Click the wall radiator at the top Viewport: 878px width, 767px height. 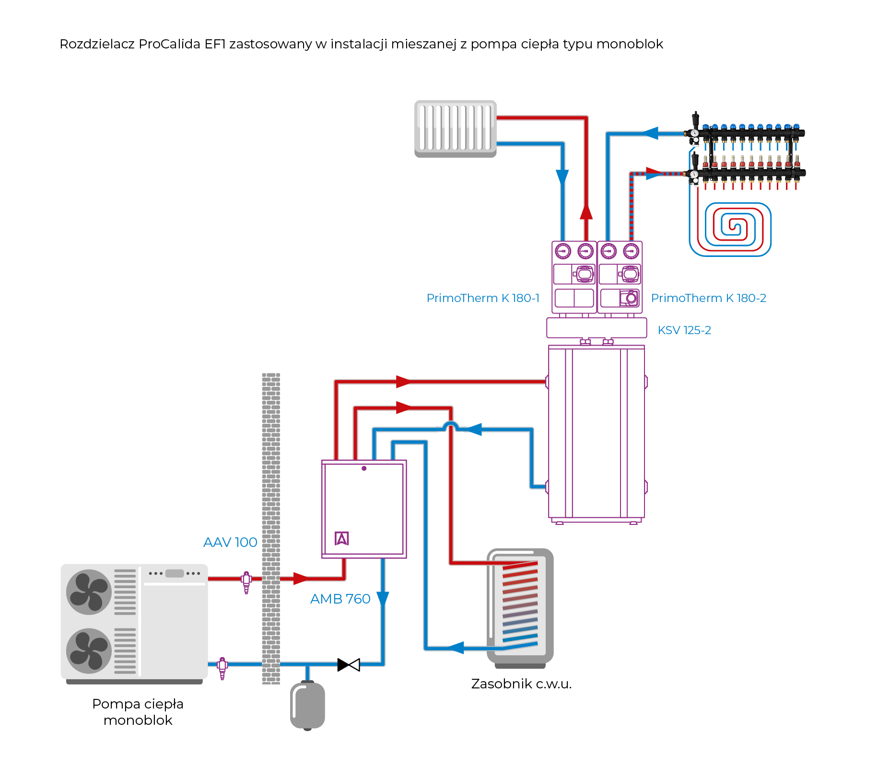(455, 128)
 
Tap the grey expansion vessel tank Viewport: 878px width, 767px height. (307, 705)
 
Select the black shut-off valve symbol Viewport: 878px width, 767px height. (349, 664)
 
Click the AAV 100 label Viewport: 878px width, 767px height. (230, 542)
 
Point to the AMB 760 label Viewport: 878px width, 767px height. (340, 599)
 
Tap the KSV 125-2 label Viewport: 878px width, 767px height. (684, 330)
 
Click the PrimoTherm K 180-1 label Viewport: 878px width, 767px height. (483, 298)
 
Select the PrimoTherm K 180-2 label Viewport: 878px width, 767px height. (708, 298)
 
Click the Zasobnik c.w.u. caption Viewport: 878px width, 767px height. (521, 684)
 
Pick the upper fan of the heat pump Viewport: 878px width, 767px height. (89, 592)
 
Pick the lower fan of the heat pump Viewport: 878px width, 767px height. (89, 651)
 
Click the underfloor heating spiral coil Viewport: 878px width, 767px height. (730, 229)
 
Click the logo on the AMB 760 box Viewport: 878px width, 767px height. (341, 538)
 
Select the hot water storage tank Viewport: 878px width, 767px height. (520, 606)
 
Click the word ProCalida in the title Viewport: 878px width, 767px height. (169, 44)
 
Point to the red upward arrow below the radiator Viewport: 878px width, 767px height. (586, 212)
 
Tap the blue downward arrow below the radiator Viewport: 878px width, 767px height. (562, 177)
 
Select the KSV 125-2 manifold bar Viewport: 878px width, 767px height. (597, 328)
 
